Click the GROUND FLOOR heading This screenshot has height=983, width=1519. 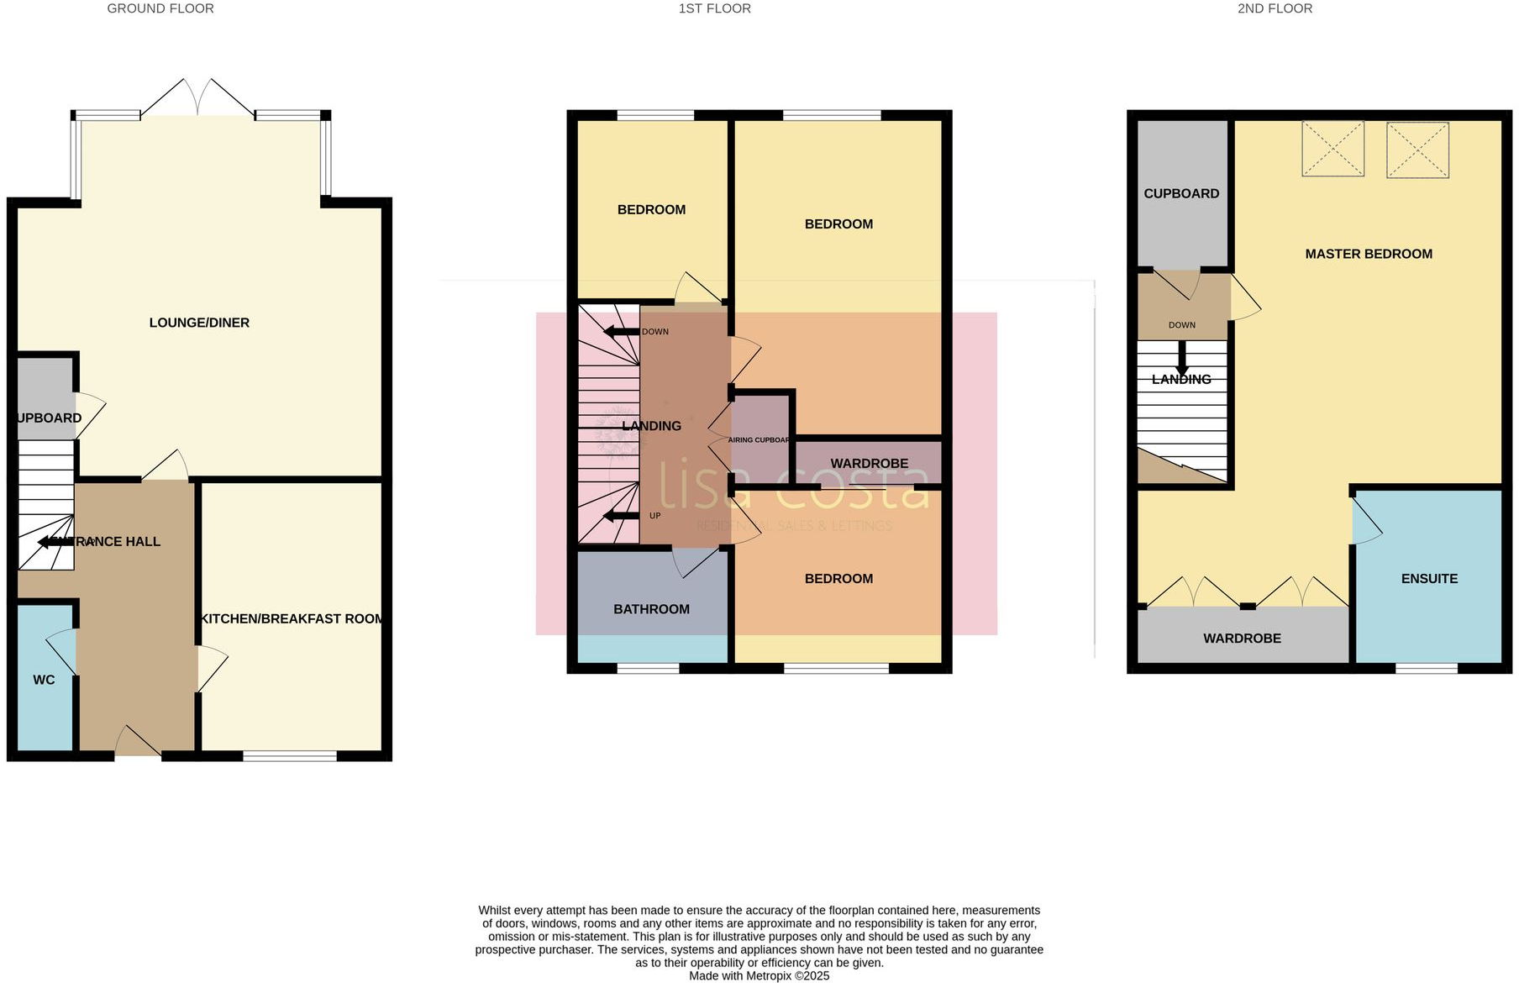(160, 8)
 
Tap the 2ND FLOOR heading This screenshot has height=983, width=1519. (1274, 8)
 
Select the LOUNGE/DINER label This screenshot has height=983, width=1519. (199, 323)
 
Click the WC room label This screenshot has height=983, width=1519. (44, 680)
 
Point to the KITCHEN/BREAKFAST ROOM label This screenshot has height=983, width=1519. (292, 618)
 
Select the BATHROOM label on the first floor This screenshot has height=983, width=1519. (651, 609)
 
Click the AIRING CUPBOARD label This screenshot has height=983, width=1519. (759, 440)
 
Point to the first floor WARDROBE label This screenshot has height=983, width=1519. (869, 464)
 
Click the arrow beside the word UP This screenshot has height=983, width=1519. (622, 516)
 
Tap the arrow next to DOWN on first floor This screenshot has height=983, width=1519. (622, 332)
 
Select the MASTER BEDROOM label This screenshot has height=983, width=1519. (1368, 254)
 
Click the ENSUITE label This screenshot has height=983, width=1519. (1428, 579)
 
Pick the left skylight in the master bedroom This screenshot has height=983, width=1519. (1332, 149)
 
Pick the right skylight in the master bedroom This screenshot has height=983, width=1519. (1417, 150)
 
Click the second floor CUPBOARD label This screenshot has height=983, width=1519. (1180, 193)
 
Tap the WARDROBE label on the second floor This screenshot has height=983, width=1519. (1242, 639)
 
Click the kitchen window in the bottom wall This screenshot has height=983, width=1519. (290, 756)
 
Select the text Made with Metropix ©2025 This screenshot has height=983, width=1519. (759, 975)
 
